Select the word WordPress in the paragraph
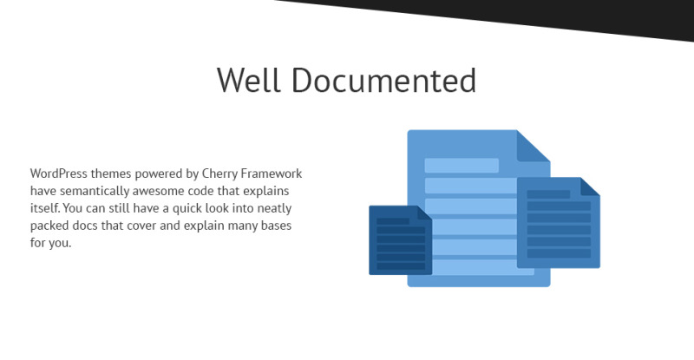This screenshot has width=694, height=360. click(x=60, y=173)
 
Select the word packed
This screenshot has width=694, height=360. click(x=49, y=226)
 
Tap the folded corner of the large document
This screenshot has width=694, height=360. click(x=531, y=146)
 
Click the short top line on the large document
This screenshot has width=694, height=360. click(x=461, y=166)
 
